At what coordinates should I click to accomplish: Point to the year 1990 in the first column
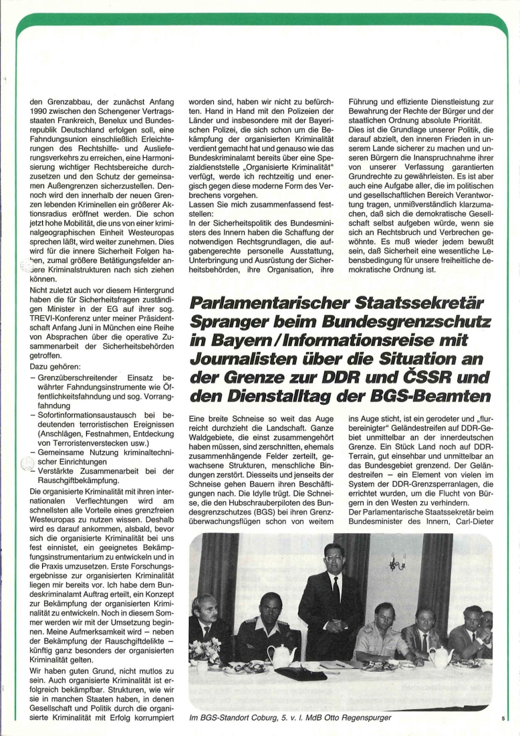pos(42,110)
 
